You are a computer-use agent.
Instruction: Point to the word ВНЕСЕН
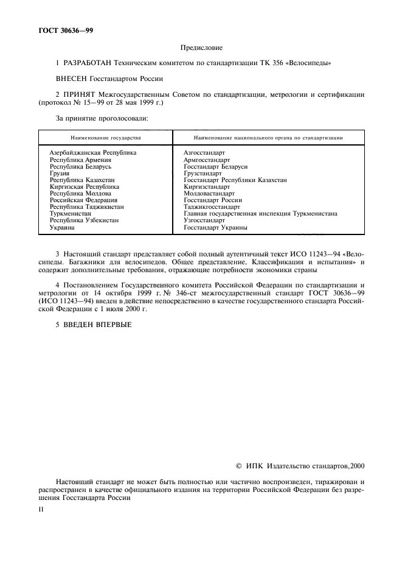pyautogui.click(x=72, y=78)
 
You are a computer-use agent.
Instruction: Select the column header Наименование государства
pyautogui.click(x=105, y=138)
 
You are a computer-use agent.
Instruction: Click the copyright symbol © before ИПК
pyautogui.click(x=238, y=466)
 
